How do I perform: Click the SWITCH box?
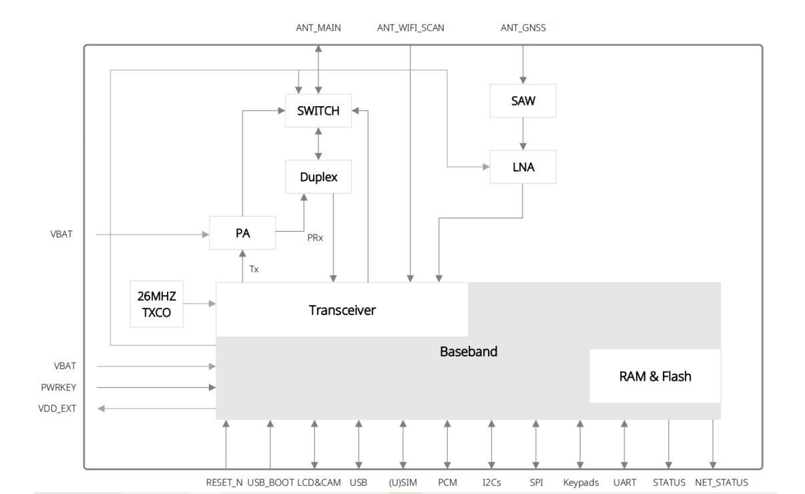pyautogui.click(x=318, y=111)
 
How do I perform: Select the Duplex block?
pyautogui.click(x=318, y=177)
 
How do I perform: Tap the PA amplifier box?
pyautogui.click(x=242, y=234)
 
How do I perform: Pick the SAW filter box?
pyautogui.click(x=523, y=101)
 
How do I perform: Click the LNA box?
pyautogui.click(x=523, y=167)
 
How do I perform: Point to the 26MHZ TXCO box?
pyautogui.click(x=156, y=304)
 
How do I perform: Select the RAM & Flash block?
pyautogui.click(x=655, y=377)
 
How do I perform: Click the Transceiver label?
pyautogui.click(x=342, y=310)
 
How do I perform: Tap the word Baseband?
pyautogui.click(x=469, y=351)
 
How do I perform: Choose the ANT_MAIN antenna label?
pyautogui.click(x=318, y=28)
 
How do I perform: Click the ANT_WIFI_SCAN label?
pyautogui.click(x=411, y=28)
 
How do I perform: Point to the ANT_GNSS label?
pyautogui.click(x=523, y=28)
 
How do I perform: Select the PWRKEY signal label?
pyautogui.click(x=58, y=387)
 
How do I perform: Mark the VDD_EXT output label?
pyautogui.click(x=57, y=408)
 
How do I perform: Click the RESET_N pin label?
pyautogui.click(x=224, y=482)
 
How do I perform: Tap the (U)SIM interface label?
pyautogui.click(x=402, y=482)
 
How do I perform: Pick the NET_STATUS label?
pyautogui.click(x=722, y=482)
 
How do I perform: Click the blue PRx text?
pyautogui.click(x=315, y=238)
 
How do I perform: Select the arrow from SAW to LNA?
pyautogui.click(x=523, y=134)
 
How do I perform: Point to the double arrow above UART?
pyautogui.click(x=624, y=445)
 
